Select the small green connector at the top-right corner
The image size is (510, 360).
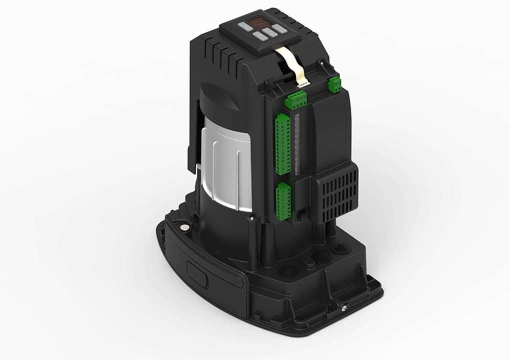click(334, 84)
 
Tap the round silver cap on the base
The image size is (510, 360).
click(184, 227)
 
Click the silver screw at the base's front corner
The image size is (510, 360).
click(344, 308)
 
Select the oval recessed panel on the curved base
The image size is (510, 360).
click(197, 273)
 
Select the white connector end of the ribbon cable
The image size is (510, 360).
click(304, 81)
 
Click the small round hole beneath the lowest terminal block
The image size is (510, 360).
click(301, 218)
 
